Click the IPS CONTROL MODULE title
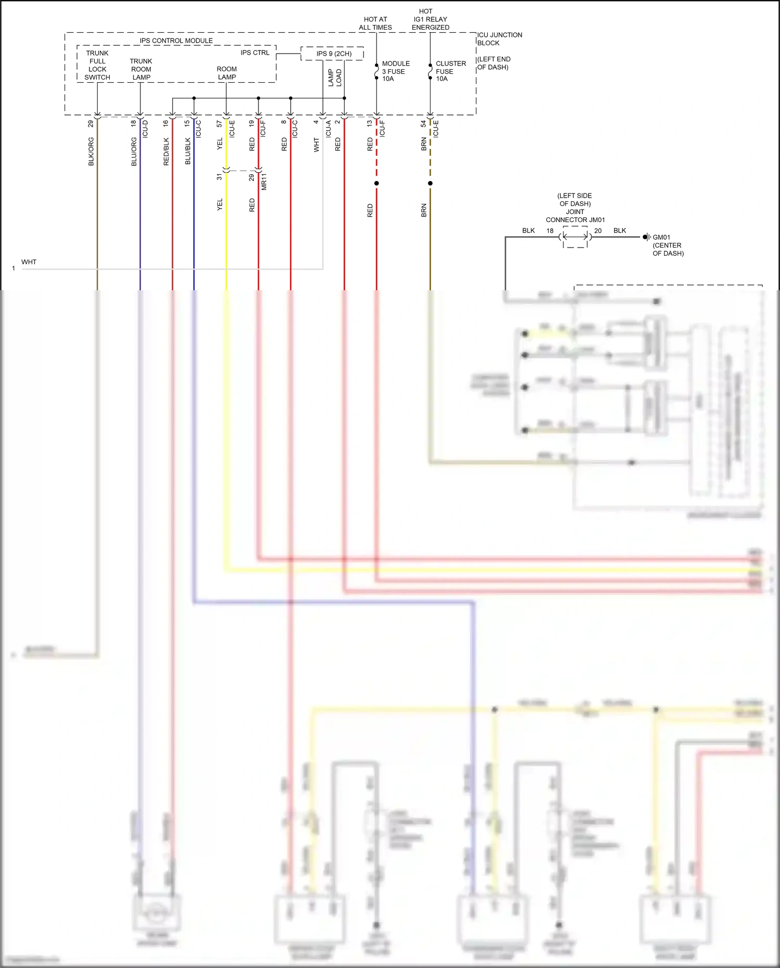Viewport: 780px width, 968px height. coord(176,41)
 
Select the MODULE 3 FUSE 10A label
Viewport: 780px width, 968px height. coord(395,71)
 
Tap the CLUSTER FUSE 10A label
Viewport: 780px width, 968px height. coord(450,71)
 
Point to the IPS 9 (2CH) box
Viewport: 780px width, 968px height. coord(333,54)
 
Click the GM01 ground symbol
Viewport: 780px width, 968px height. coord(646,237)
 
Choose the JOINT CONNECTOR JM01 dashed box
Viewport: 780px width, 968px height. coord(575,237)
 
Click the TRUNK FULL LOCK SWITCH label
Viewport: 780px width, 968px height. coord(97,65)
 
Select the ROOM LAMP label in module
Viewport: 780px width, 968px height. coord(227,73)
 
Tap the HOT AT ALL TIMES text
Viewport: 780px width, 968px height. coord(375,23)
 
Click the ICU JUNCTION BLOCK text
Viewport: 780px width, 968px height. coord(499,39)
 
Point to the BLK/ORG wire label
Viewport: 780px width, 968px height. coord(91,151)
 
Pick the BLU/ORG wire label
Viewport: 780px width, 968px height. coord(134,151)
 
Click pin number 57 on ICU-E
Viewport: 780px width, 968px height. coord(219,124)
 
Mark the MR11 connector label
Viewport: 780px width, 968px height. coord(264,182)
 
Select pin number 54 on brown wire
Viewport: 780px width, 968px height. coord(423,124)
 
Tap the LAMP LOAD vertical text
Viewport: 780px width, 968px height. coord(334,78)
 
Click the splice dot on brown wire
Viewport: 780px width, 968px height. coord(430,183)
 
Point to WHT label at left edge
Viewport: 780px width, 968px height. coord(29,262)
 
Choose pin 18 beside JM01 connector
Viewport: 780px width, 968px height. coord(550,230)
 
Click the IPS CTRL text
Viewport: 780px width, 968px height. coord(255,53)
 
